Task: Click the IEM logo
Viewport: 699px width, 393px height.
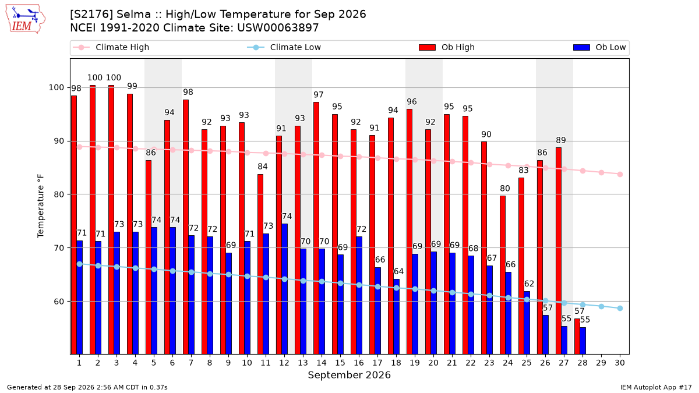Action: tap(26, 19)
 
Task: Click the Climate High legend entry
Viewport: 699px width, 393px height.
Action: tap(111, 47)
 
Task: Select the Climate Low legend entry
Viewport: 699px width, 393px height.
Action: tap(284, 47)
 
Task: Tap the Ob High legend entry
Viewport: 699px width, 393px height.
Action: tap(447, 47)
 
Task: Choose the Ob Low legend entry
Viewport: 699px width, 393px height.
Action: tap(599, 47)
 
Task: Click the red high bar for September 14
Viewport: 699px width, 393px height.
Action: tap(316, 228)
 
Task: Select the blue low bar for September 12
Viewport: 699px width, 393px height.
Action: tap(285, 289)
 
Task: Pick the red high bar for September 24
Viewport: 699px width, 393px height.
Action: tap(503, 275)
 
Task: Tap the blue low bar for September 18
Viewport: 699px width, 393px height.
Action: tap(396, 317)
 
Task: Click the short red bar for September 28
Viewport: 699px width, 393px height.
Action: tap(577, 337)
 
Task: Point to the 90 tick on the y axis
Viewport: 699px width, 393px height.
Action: tap(59, 141)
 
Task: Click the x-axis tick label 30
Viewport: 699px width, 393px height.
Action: tap(620, 363)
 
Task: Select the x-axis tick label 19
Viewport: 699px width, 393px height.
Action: tap(415, 363)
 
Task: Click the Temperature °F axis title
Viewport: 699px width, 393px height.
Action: tap(41, 206)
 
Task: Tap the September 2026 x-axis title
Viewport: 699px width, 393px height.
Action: tap(349, 375)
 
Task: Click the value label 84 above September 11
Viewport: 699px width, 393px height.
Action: tap(263, 167)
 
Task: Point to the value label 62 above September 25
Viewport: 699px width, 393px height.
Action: tap(529, 284)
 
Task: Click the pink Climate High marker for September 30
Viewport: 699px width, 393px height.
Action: tap(620, 174)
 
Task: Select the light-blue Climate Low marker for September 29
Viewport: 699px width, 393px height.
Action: tap(601, 307)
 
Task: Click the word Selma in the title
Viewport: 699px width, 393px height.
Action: tap(138, 15)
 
